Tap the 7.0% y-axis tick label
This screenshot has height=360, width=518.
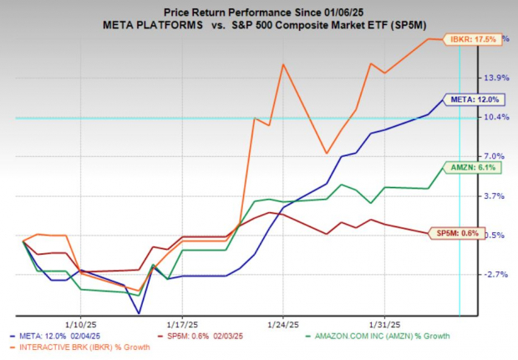495,156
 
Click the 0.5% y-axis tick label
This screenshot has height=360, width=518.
495,235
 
